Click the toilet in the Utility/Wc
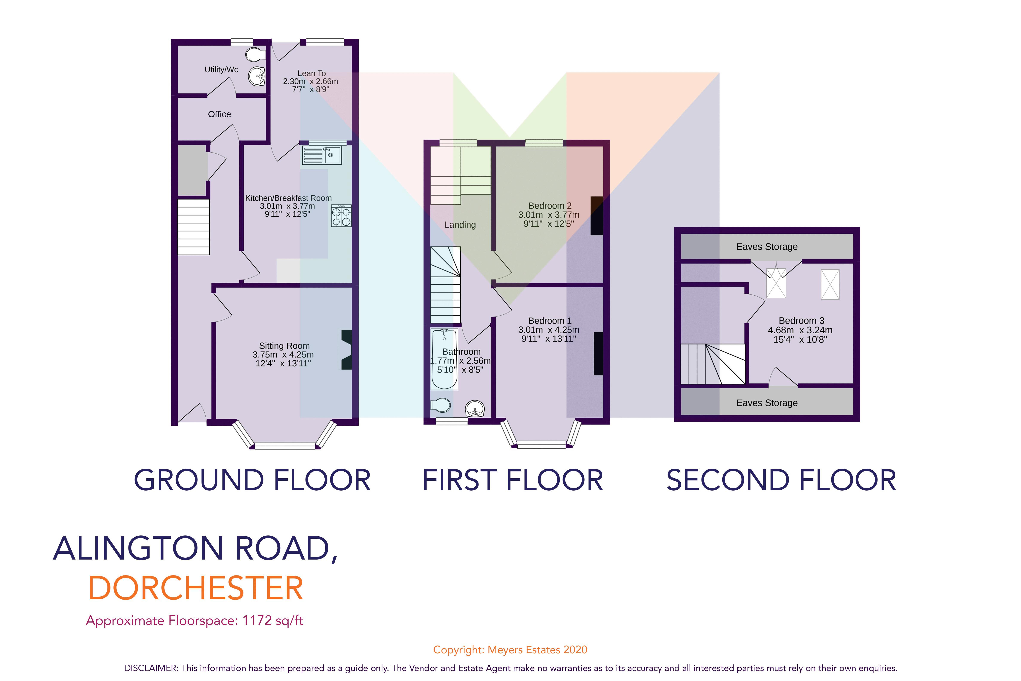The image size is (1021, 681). click(255, 55)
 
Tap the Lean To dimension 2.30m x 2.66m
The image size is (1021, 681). click(310, 81)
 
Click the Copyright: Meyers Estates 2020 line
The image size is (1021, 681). click(510, 650)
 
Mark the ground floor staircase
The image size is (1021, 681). click(194, 227)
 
